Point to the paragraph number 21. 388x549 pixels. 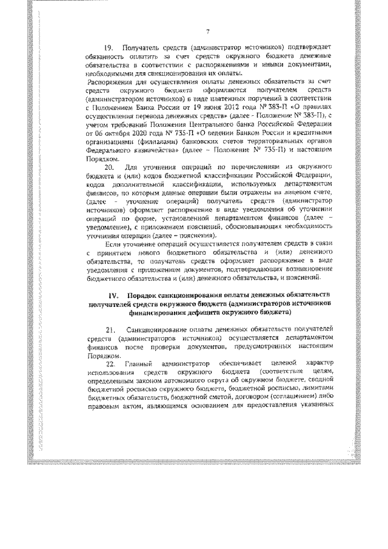pyautogui.click(x=110, y=329)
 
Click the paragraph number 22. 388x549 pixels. pyautogui.click(x=110, y=364)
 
